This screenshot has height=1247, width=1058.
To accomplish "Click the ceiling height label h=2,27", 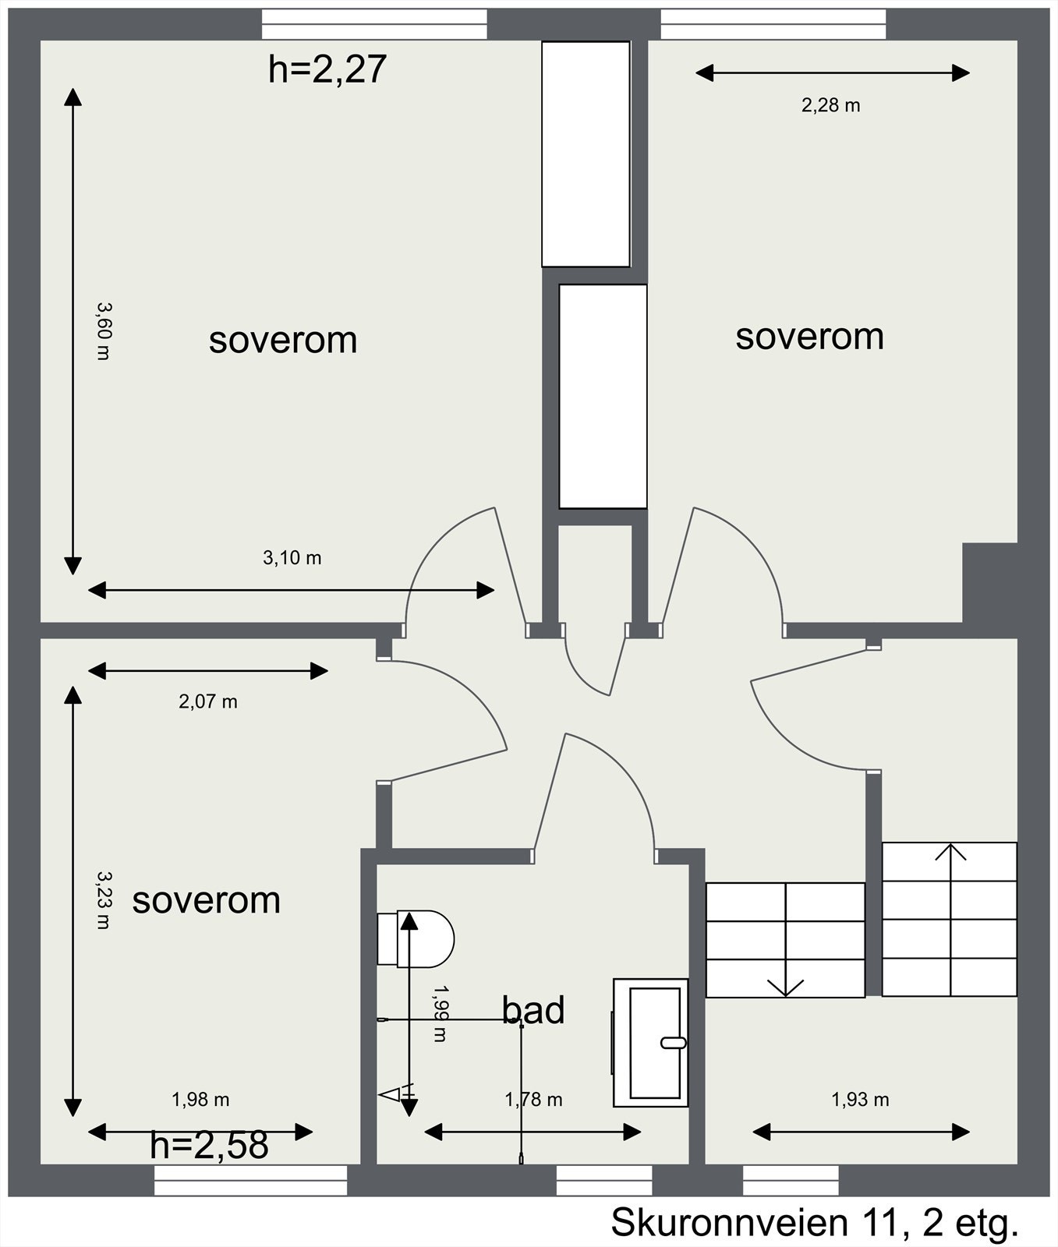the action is (x=327, y=69).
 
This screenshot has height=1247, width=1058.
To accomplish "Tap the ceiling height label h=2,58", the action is (x=209, y=1145).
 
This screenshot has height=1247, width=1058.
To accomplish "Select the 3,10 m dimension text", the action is (x=292, y=558).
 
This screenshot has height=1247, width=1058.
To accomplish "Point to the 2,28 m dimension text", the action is (x=831, y=105).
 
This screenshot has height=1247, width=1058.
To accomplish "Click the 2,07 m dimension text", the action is (x=208, y=702).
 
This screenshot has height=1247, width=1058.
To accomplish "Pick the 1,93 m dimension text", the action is (x=860, y=1100).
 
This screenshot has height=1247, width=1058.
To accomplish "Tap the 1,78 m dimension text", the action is (x=533, y=1100).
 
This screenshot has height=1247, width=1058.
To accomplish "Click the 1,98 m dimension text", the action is (x=200, y=1100).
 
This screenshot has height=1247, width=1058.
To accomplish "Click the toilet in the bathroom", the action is (x=416, y=939).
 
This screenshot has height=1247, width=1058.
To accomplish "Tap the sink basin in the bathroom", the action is (x=651, y=1042).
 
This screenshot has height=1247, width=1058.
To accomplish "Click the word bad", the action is (x=533, y=1010).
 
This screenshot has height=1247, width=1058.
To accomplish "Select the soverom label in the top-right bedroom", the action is (x=810, y=337).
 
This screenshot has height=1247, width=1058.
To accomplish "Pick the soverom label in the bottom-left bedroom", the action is (x=207, y=900).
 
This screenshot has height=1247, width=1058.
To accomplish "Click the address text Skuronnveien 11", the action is (x=754, y=1222).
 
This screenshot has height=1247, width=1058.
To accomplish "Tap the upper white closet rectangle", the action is (x=586, y=154).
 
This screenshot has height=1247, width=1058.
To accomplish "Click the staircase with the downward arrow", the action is (x=786, y=940).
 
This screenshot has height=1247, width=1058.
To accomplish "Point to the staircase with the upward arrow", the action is (x=950, y=919).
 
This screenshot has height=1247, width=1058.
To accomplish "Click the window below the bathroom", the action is (x=604, y=1180).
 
